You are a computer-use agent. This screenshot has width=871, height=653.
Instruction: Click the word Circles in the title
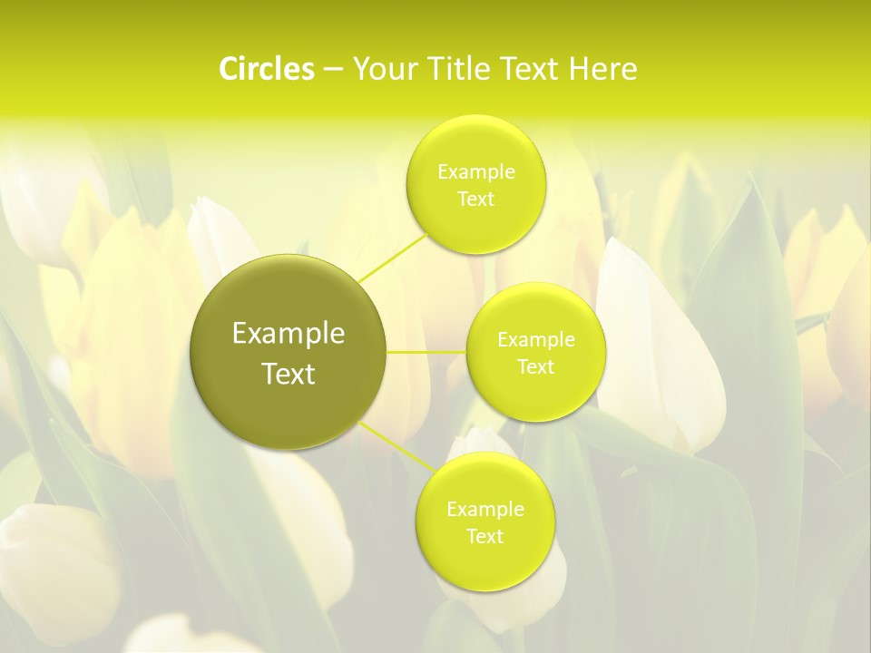click(266, 69)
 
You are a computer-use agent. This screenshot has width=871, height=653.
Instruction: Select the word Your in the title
click(380, 69)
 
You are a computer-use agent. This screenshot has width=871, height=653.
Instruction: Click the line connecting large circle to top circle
click(392, 257)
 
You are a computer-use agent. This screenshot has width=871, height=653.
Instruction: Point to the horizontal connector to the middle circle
click(426, 352)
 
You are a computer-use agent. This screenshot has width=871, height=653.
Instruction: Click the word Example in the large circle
click(289, 334)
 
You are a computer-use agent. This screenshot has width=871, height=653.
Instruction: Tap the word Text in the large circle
click(289, 374)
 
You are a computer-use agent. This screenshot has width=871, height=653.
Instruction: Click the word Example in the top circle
click(475, 171)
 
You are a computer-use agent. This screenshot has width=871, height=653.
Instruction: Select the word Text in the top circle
click(475, 199)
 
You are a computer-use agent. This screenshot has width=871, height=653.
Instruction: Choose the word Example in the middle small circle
click(535, 339)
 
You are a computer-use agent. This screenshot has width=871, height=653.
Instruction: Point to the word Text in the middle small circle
click(535, 366)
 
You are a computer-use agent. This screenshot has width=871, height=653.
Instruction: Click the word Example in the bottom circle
click(484, 509)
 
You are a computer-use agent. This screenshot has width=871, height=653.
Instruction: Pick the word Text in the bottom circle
click(484, 536)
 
